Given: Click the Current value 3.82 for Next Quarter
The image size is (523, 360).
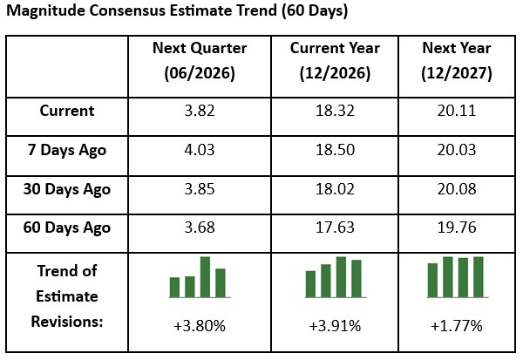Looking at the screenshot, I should point(199,112).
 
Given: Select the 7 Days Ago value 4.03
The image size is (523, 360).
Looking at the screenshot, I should point(199,150).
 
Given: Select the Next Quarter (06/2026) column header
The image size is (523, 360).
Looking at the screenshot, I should point(199,61).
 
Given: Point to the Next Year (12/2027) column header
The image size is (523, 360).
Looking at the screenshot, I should point(456,61).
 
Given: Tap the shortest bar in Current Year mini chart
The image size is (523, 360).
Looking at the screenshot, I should point(311,284).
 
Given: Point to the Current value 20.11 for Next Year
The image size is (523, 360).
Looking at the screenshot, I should point(456,112).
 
